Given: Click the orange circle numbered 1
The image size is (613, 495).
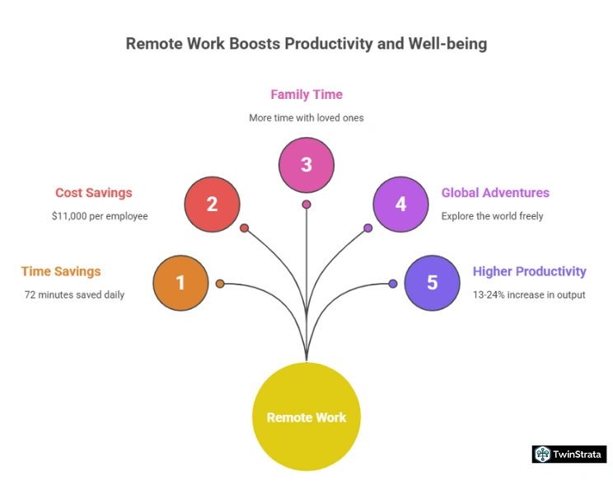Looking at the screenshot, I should click(181, 283).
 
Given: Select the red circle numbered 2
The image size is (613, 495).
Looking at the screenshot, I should click(212, 204).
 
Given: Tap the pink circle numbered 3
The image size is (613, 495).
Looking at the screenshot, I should click(306, 164).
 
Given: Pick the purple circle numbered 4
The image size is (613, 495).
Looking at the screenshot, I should click(400, 204).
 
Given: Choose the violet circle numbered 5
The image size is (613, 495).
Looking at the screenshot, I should click(432, 283).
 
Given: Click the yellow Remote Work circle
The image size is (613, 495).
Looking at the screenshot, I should click(306, 417).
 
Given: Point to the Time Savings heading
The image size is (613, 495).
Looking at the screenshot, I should click(61, 271).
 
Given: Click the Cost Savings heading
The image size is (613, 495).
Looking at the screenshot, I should click(93, 193).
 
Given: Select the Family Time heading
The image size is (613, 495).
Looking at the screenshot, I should click(306, 95).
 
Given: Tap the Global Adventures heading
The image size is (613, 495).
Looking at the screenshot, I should click(495, 193).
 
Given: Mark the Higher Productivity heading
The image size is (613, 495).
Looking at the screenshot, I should click(529, 271).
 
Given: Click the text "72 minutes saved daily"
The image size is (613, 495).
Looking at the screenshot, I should click(74, 295).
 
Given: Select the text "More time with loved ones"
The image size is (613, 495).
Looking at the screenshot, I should click(306, 118).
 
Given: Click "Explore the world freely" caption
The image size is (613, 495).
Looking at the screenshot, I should click(492, 216).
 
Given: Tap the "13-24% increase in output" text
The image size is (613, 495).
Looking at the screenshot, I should click(529, 295).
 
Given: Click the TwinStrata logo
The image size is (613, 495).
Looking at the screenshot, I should click(569, 454).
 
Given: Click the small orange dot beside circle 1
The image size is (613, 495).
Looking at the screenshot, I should click(220, 284).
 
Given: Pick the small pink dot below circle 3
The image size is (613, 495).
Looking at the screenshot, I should click(306, 204).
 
